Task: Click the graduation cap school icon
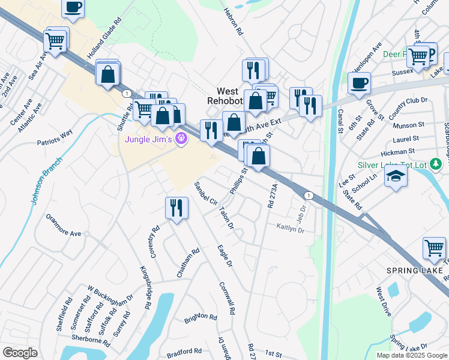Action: [x=396, y=176]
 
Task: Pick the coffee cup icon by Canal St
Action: [x=359, y=82]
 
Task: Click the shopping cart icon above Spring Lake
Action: [x=434, y=248]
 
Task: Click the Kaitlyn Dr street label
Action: [x=291, y=227]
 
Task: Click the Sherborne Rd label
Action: [x=91, y=339]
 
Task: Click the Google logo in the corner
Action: [x=20, y=353]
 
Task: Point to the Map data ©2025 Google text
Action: [x=412, y=355]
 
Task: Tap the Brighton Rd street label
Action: [x=200, y=317]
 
